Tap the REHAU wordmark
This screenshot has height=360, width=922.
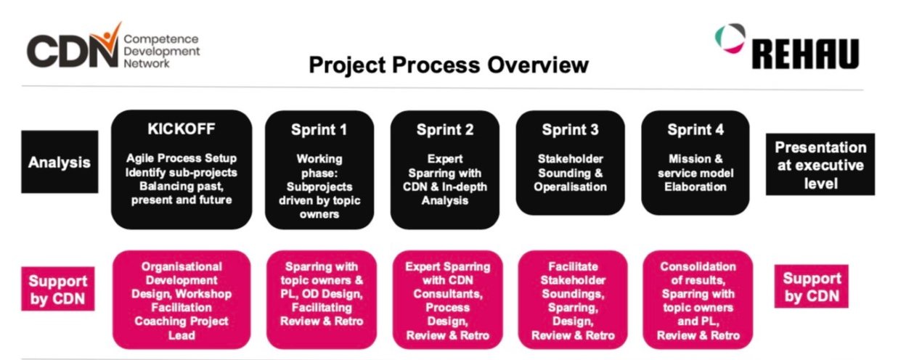pos(806,54)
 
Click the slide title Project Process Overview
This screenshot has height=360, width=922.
pos(449,65)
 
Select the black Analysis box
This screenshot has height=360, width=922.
pos(60,162)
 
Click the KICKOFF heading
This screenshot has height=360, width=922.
pos(181,128)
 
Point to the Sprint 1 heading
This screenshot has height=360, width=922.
pos(319,130)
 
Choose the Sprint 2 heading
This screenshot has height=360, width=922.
pos(445,130)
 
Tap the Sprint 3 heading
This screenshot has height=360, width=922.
pos(570,130)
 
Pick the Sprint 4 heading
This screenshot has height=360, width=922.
pos(695,130)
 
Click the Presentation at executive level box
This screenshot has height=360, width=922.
pos(820,164)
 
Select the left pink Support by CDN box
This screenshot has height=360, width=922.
pos(58,289)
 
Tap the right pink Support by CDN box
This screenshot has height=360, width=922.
pos(811,287)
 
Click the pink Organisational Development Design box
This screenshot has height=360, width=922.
pos(181,300)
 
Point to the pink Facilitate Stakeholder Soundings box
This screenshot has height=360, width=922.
pos(573,300)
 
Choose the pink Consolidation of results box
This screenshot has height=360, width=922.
pos(698,300)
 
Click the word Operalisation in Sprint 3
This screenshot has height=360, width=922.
pos(570,187)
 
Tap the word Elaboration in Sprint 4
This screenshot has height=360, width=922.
pos(695,187)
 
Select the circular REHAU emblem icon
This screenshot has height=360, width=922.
pos(730,38)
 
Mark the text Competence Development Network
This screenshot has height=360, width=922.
pos(161,51)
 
